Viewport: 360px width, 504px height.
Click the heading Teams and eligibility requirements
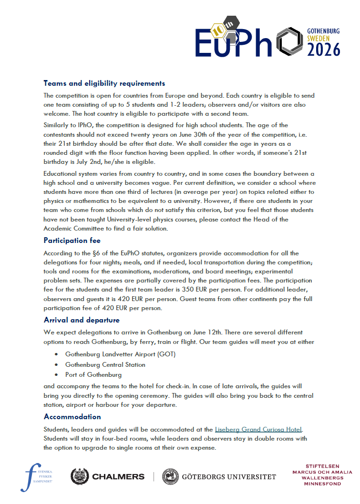click(x=104, y=83)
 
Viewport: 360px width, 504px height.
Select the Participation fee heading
click(x=72, y=240)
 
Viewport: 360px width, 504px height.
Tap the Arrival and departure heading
click(x=82, y=320)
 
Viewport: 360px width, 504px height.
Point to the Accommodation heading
click(x=72, y=417)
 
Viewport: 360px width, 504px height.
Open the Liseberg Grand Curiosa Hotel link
click(x=258, y=429)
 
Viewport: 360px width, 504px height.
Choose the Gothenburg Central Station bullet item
click(x=105, y=364)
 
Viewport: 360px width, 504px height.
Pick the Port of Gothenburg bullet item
click(x=93, y=375)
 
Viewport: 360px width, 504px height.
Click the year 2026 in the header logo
click(x=323, y=49)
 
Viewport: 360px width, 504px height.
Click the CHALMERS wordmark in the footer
click(x=118, y=476)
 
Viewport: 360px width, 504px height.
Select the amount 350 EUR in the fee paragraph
click(x=194, y=290)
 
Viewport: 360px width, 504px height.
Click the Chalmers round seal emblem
click(x=80, y=476)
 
